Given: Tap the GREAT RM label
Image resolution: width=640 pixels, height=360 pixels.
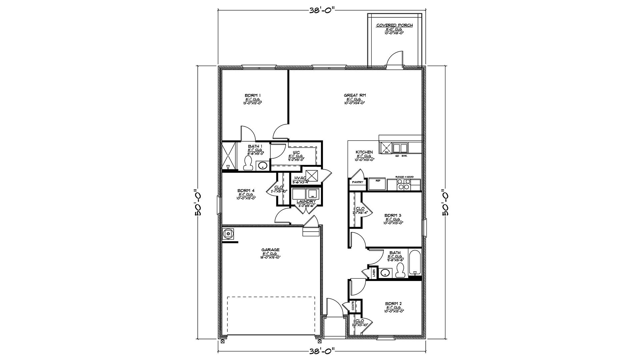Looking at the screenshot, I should [x=355, y=95].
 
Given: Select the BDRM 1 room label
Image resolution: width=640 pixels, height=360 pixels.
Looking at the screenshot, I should [x=252, y=95].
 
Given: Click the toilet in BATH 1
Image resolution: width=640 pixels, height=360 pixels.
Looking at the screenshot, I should [x=248, y=164].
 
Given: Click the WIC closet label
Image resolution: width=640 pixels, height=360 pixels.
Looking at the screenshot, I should [x=296, y=152].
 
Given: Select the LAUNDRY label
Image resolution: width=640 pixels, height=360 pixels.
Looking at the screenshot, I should [x=306, y=202].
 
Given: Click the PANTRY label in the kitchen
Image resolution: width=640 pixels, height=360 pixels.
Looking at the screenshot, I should [x=357, y=182].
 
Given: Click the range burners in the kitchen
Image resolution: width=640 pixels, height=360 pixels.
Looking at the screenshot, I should [x=404, y=184].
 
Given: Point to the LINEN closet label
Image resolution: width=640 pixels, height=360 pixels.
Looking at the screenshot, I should [x=374, y=273].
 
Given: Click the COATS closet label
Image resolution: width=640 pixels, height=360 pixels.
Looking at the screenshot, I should [x=353, y=306].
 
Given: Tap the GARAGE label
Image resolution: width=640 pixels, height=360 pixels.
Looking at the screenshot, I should [x=270, y=250].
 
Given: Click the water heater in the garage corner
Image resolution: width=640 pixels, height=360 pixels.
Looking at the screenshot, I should [x=228, y=234].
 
